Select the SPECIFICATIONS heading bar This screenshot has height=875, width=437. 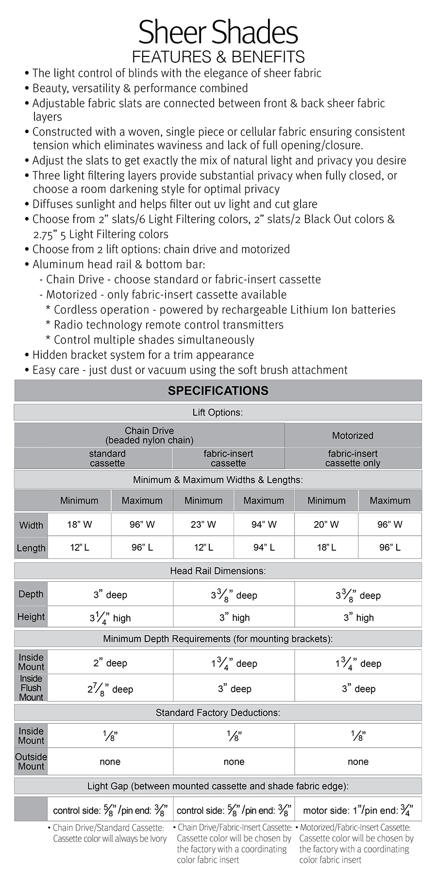point(218,391)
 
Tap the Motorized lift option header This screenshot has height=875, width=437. point(353,436)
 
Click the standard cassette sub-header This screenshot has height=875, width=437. point(107,458)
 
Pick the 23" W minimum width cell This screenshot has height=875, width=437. point(203,525)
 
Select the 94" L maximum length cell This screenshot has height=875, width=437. point(264,547)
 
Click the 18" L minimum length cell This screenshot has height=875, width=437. point(326,547)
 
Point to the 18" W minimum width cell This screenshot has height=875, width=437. point(80,525)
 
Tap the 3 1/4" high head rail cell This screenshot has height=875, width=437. point(110,617)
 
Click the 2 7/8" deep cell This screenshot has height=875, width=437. point(110,688)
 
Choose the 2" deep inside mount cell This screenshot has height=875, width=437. point(110,663)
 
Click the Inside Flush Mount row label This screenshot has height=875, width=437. point(31,688)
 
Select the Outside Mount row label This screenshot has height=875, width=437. point(31,761)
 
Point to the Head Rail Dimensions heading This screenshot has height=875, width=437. point(218,571)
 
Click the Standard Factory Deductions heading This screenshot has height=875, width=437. point(218,713)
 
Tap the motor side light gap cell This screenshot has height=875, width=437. point(358,810)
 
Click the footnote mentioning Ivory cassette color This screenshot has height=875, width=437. point(109,833)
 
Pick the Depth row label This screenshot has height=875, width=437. point(31,594)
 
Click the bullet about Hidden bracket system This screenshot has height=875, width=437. point(143,355)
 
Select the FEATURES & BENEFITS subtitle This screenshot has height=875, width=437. point(218,57)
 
